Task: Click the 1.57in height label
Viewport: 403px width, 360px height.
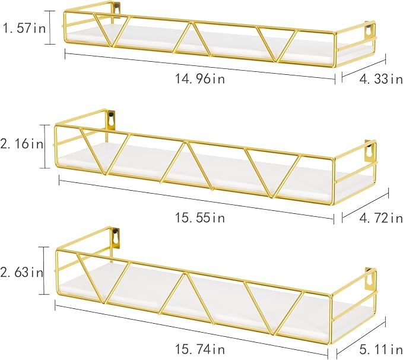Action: pyautogui.click(x=24, y=28)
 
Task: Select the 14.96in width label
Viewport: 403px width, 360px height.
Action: pyautogui.click(x=199, y=78)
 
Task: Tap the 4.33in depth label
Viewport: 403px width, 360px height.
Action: pyautogui.click(x=381, y=79)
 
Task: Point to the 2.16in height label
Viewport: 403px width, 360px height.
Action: pyautogui.click(x=21, y=144)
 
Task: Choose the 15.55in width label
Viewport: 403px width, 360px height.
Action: pyautogui.click(x=199, y=217)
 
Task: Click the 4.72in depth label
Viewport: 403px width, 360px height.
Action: pyautogui.click(x=381, y=218)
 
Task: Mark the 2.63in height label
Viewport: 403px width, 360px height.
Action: pyautogui.click(x=21, y=272)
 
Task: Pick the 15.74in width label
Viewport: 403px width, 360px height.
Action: pyautogui.click(x=199, y=349)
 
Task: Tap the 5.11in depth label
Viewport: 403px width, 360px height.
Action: pyautogui.click(x=381, y=349)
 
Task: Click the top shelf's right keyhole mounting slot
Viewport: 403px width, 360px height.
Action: pyautogui.click(x=369, y=31)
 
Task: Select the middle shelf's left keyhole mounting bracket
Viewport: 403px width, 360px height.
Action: pyautogui.click(x=112, y=119)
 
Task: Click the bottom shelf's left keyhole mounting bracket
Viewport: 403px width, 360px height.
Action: pyautogui.click(x=115, y=238)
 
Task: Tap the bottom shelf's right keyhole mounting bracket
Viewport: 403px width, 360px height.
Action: pyautogui.click(x=370, y=280)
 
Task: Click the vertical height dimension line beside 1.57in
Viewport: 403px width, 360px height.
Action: pyautogui.click(x=50, y=27)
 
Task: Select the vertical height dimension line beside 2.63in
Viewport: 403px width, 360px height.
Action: pyautogui.click(x=44, y=270)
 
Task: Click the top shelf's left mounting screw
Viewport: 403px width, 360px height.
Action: pyautogui.click(x=118, y=5)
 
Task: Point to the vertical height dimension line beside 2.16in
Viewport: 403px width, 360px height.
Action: pyautogui.click(x=45, y=146)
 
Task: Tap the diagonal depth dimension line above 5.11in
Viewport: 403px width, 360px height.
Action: pyautogui.click(x=361, y=335)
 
